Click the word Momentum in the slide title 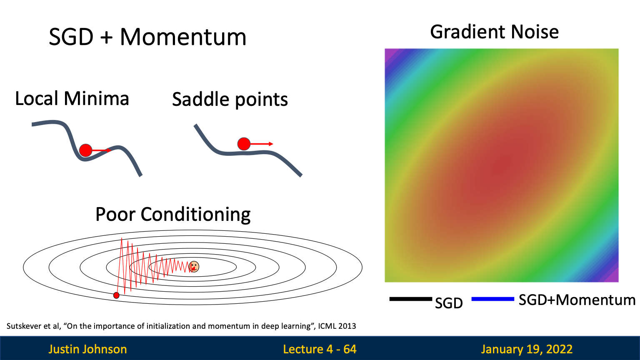[183, 37]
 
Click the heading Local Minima [72, 98]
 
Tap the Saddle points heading [230, 100]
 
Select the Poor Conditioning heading [173, 215]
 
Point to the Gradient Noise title [494, 32]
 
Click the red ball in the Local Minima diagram [86, 150]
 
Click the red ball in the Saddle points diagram [244, 144]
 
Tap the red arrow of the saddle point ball [262, 144]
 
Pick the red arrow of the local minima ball [102, 150]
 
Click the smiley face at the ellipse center [194, 267]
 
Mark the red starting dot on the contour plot [116, 295]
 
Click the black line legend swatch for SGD [410, 299]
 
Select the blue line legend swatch [493, 299]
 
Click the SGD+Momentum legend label [577, 300]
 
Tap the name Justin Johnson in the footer [88, 350]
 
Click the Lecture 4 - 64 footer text [320, 350]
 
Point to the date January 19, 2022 [527, 350]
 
